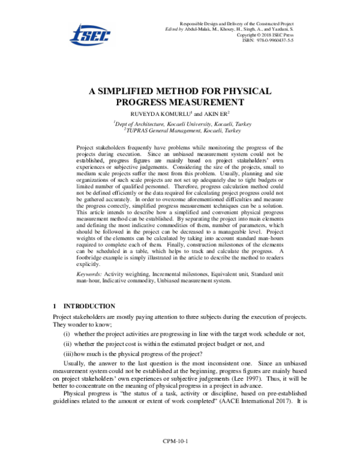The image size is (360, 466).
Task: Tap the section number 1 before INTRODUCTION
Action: (x=55, y=306)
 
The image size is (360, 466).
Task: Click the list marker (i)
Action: (x=67, y=334)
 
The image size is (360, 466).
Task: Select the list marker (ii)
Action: (x=68, y=344)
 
